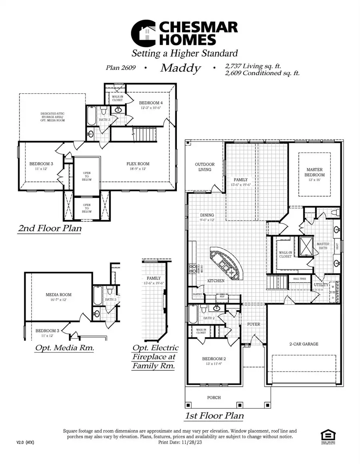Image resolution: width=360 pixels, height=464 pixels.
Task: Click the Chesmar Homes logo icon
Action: click(x=145, y=33)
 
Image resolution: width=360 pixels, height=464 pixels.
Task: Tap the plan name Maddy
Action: click(x=180, y=68)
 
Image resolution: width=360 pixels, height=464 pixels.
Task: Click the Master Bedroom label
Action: click(x=314, y=172)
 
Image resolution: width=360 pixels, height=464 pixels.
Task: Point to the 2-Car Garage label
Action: click(x=304, y=344)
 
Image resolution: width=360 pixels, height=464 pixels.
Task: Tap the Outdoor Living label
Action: click(x=204, y=167)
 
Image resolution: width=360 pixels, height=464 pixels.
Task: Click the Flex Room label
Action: click(x=138, y=164)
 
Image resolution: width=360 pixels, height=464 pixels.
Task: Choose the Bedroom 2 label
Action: click(x=214, y=359)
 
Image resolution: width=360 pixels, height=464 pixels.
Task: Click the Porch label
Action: click(x=214, y=398)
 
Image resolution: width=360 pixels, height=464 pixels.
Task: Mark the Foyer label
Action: click(x=254, y=324)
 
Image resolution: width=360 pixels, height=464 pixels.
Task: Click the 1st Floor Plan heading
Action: click(x=214, y=416)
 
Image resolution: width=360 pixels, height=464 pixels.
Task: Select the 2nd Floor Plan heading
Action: click(x=50, y=229)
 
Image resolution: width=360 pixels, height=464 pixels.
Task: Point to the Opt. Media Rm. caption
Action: click(x=65, y=347)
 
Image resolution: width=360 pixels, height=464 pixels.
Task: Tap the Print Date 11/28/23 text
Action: click(x=180, y=442)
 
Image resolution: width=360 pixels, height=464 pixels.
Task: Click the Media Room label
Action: click(x=58, y=295)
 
